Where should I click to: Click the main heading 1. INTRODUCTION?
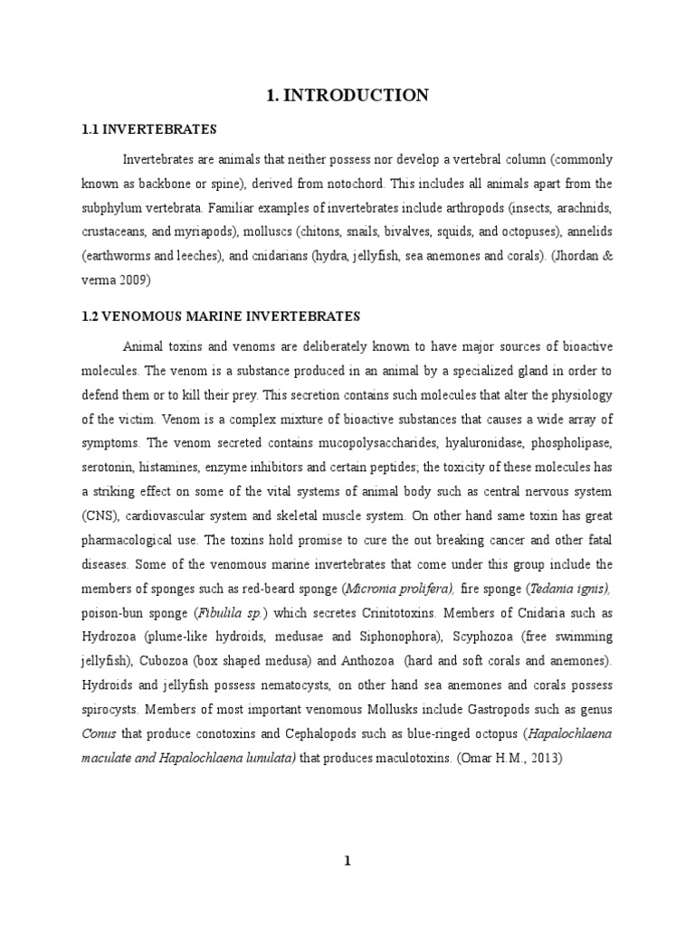pos(347,95)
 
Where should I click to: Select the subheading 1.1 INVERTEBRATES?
pos(150,130)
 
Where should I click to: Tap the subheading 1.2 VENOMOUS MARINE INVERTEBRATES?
pos(221,316)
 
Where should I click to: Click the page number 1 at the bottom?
pos(347,861)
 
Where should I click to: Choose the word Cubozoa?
pos(162,662)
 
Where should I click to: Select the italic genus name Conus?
pos(97,734)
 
